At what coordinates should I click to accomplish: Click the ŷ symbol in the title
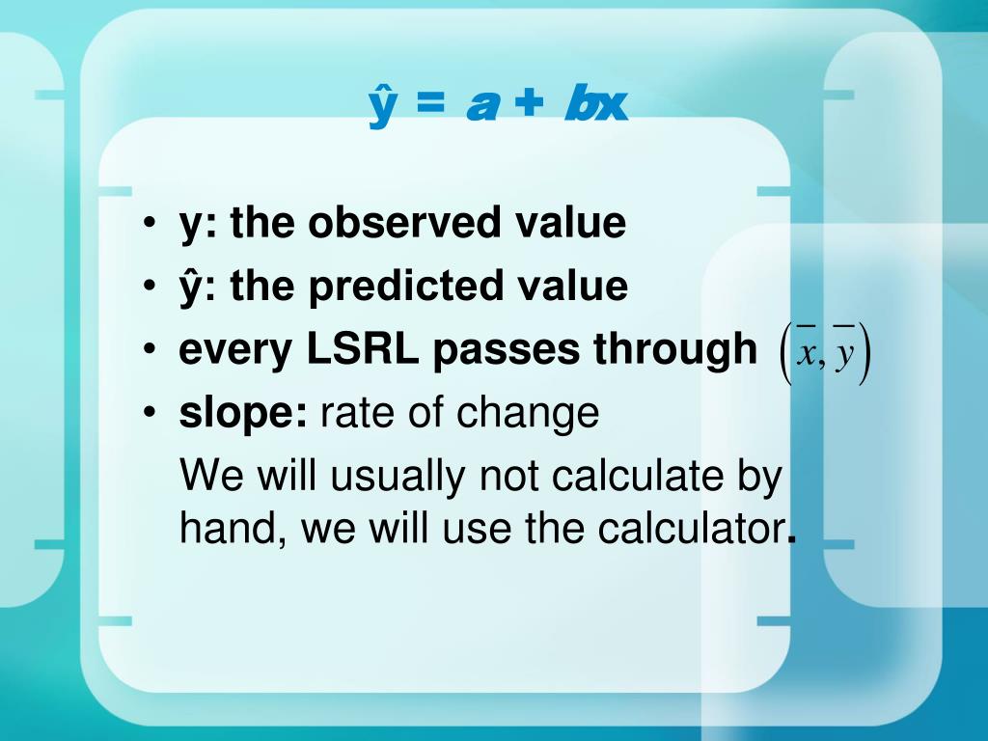pos(382,108)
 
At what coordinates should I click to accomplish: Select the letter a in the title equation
pos(481,105)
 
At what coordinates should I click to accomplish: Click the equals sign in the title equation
pos(430,102)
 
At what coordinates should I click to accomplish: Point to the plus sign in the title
pos(528,102)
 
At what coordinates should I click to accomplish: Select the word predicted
pos(405,287)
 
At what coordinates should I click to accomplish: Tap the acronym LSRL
pos(363,348)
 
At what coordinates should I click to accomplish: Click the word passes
pos(506,350)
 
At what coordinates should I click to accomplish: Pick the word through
pos(674,350)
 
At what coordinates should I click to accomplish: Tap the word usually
pos(397,477)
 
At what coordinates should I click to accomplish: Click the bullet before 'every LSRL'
pos(150,348)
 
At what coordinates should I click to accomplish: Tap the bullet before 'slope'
pos(150,412)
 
